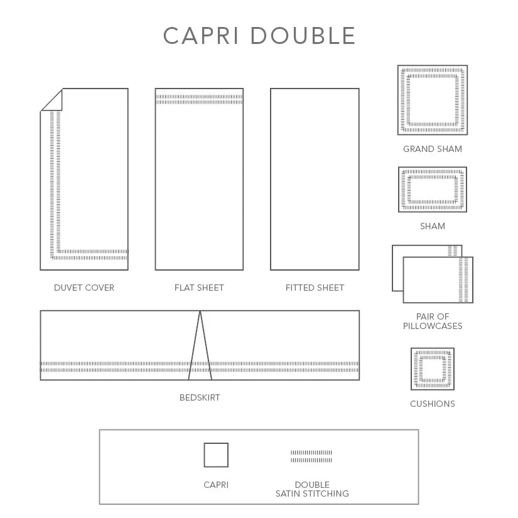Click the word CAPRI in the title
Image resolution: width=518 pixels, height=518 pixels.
(x=201, y=36)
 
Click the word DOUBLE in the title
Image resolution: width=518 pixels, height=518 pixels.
(x=303, y=36)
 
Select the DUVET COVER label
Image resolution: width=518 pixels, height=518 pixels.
(x=84, y=288)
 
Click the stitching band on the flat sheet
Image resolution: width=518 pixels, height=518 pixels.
(x=199, y=99)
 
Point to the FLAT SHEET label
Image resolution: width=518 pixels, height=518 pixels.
(x=199, y=288)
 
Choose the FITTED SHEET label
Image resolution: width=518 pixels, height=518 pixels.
(x=315, y=288)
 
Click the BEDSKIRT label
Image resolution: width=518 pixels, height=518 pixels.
(x=200, y=397)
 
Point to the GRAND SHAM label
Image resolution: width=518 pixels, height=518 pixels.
(x=433, y=149)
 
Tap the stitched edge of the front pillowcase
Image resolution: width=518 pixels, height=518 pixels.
(x=463, y=280)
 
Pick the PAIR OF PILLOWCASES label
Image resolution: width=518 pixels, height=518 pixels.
(x=433, y=321)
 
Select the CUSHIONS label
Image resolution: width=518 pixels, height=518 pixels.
(x=433, y=404)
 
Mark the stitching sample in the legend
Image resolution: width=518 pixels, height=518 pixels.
(x=311, y=456)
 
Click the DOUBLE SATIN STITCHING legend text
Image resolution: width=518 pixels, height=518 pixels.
(x=312, y=489)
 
